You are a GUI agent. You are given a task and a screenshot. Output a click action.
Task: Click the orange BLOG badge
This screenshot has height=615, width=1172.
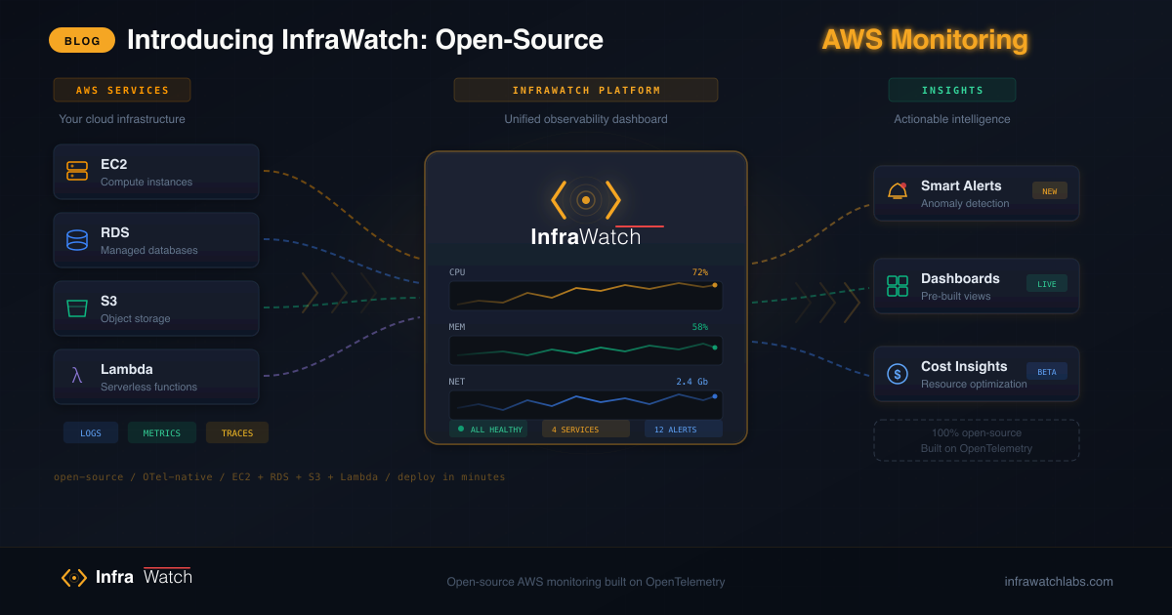point(82,40)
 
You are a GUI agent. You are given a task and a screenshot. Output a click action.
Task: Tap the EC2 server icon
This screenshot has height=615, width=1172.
point(77,171)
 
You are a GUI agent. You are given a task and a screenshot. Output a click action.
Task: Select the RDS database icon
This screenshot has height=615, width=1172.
point(77,240)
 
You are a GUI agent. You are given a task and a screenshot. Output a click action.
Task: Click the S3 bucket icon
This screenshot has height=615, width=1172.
point(77,308)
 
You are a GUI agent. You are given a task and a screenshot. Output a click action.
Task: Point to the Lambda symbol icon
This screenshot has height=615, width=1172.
point(77,376)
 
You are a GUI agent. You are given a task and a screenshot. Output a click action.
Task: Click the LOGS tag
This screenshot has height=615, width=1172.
point(91,432)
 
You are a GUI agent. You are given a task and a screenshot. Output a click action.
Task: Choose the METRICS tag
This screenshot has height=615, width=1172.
point(162,432)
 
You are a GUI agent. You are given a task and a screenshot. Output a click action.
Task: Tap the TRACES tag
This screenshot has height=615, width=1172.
point(237,432)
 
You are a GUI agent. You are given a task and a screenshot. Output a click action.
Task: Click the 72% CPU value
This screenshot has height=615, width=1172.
point(699,272)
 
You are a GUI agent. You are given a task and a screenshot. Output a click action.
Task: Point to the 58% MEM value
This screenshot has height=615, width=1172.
point(699,327)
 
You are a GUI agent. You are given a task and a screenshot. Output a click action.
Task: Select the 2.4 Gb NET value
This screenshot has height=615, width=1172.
point(691,382)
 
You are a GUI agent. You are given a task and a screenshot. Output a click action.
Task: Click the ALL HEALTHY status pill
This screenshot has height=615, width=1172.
point(489,429)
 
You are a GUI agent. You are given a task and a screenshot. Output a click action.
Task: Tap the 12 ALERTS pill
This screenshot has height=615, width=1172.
point(683,429)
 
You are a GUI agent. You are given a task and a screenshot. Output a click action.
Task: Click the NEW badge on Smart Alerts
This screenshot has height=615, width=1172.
point(1050,190)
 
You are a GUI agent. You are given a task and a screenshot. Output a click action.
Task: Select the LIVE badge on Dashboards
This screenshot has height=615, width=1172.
point(1047,283)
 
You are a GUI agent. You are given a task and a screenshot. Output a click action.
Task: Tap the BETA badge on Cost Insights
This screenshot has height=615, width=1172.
point(1047,371)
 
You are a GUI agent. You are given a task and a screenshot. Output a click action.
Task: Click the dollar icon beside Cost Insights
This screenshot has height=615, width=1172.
point(898,374)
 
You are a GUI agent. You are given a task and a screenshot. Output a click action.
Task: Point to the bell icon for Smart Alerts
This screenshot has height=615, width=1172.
point(898,191)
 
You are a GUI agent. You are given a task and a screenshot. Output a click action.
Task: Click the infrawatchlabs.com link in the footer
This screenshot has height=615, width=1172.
point(1059,581)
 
